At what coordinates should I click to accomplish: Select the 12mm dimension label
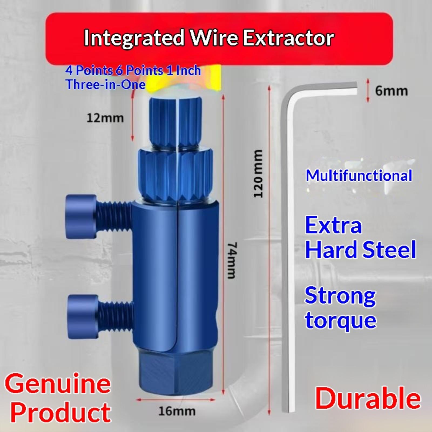(105, 118)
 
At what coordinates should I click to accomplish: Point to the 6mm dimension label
(391, 91)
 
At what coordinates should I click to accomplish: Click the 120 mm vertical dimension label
(258, 173)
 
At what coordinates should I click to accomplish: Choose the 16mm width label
(177, 411)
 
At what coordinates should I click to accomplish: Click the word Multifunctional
(359, 175)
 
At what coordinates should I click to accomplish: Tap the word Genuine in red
(58, 383)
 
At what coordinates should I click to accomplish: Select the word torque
(341, 321)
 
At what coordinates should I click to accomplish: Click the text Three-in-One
(106, 84)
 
